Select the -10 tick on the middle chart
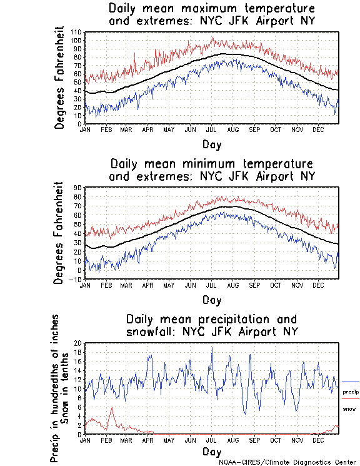point(77,280)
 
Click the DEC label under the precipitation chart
point(317,440)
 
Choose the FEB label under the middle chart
point(106,285)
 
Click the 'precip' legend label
point(351,392)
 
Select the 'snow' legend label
point(349,408)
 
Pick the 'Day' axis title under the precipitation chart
point(212,452)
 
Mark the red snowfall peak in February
point(112,408)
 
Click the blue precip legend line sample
point(351,382)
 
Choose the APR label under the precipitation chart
point(147,440)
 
